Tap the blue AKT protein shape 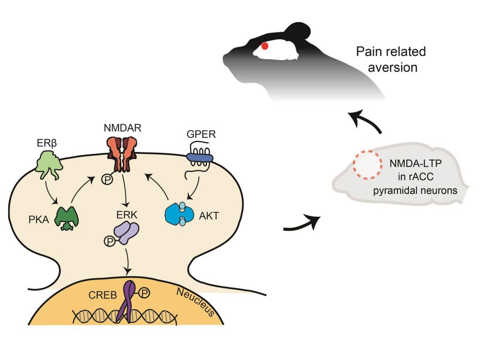click(x=180, y=215)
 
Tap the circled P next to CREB click(x=145, y=293)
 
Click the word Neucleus click(x=195, y=301)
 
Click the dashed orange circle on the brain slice click(x=366, y=165)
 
